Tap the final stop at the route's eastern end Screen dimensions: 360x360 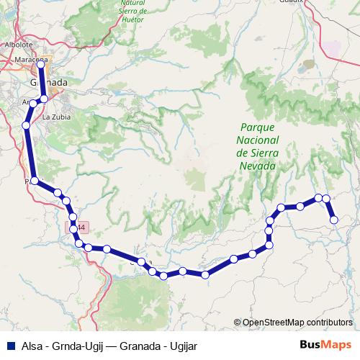(x=334, y=220)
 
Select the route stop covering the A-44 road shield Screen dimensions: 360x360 (x=73, y=228)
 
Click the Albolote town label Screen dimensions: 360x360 (x=17, y=44)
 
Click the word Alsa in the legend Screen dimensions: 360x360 (x=32, y=345)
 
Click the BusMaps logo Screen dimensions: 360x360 (x=325, y=344)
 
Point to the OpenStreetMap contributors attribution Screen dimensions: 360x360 (x=297, y=322)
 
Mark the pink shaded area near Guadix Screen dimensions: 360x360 (x=332, y=49)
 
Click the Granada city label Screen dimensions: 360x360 (x=49, y=83)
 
